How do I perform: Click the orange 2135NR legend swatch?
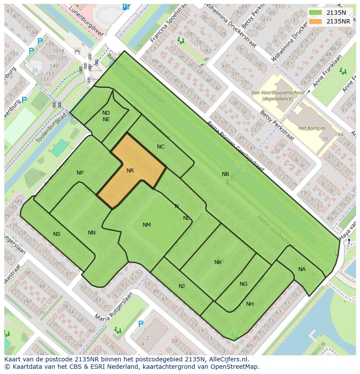point(317,21)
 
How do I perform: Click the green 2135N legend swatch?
point(317,13)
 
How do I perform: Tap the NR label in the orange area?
point(130,171)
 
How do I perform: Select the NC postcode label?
point(161,147)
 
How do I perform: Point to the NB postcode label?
point(225,174)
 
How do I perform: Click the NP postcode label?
point(80,173)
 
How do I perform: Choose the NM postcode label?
point(147,225)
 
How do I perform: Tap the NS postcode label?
point(57,234)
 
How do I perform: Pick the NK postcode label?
point(218,262)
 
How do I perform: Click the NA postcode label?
point(302,269)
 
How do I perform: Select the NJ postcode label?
point(182,286)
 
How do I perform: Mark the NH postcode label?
point(250,304)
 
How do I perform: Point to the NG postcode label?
point(243,284)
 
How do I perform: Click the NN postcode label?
point(92,233)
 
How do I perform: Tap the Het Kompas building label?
point(312,128)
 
